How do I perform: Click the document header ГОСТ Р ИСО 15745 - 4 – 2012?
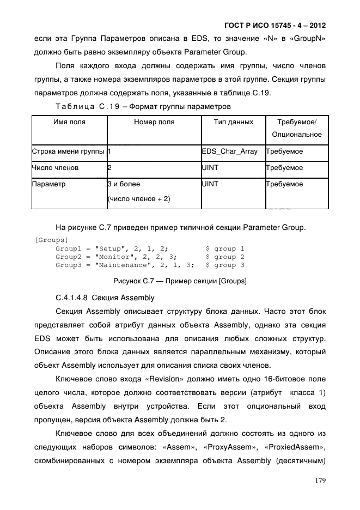pos(274,26)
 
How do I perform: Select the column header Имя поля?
pos(69,122)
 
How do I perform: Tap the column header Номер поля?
pos(154,122)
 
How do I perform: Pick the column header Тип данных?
pos(233,122)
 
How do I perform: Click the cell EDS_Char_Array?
pos(230,151)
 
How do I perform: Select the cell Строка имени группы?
pos(69,151)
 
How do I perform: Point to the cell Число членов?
pos(55,168)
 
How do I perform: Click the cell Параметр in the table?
pos(49,184)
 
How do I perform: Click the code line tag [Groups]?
pos(51,240)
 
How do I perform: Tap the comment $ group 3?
pos(225,265)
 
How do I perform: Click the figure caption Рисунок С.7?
pos(180,281)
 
